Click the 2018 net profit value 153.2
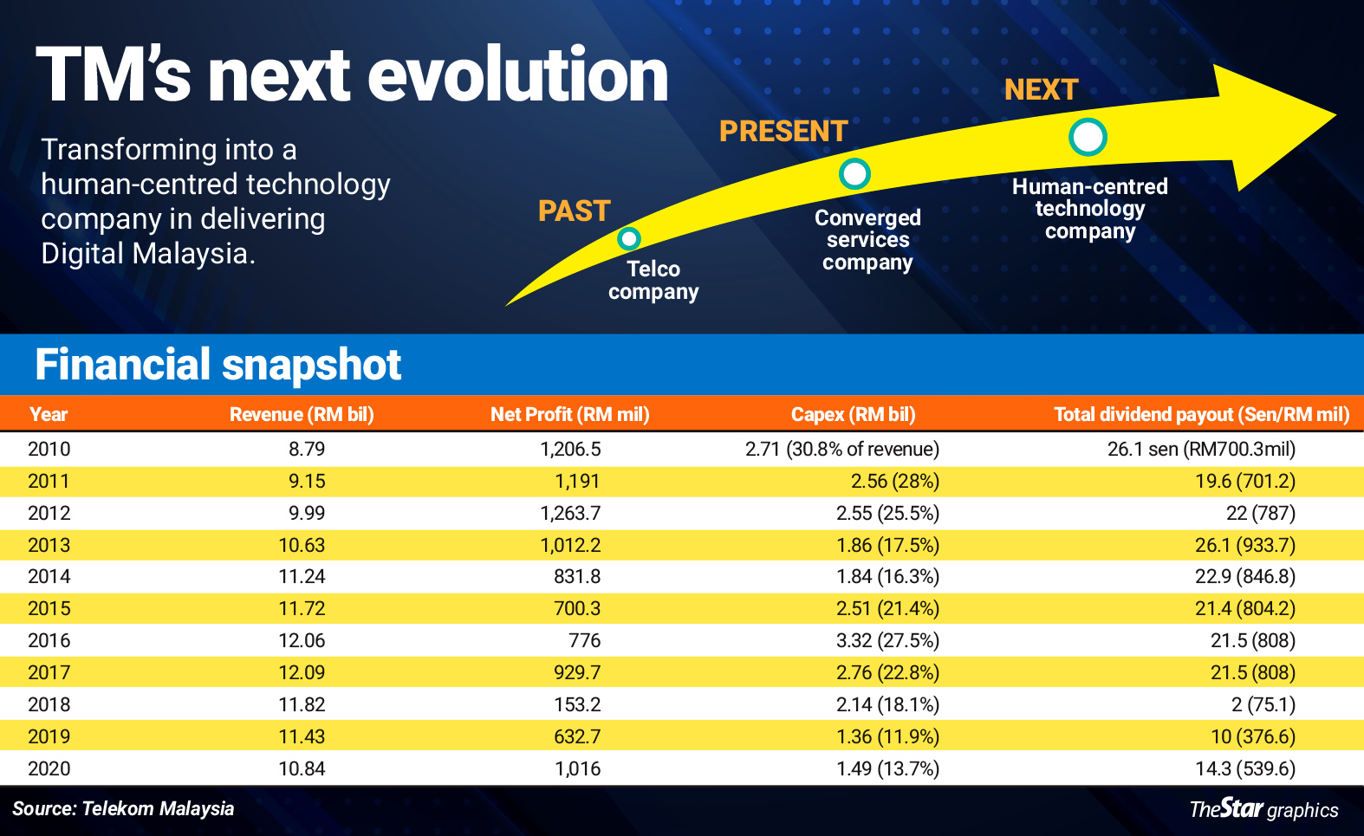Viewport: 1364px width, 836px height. pyautogui.click(x=577, y=704)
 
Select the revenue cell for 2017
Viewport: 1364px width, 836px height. pyautogui.click(x=302, y=672)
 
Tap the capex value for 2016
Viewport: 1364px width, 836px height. pyautogui.click(x=887, y=640)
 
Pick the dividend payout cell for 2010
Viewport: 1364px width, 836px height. pyautogui.click(x=1201, y=449)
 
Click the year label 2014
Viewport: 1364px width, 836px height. pyautogui.click(x=49, y=576)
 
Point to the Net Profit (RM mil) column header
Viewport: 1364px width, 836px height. pyautogui.click(x=569, y=414)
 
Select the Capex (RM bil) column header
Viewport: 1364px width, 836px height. pyautogui.click(x=853, y=414)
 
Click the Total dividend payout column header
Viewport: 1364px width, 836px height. pyautogui.click(x=1201, y=414)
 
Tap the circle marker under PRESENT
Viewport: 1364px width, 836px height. pyautogui.click(x=854, y=174)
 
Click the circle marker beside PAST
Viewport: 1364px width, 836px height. pyautogui.click(x=628, y=238)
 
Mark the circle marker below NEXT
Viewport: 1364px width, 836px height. pyautogui.click(x=1088, y=137)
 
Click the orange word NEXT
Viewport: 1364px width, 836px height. pyautogui.click(x=1041, y=90)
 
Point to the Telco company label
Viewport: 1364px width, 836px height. pyautogui.click(x=653, y=280)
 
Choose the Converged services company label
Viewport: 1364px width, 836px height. pyautogui.click(x=867, y=240)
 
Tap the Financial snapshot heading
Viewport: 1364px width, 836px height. pyautogui.click(x=218, y=365)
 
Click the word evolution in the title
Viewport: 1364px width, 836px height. pyautogui.click(x=517, y=75)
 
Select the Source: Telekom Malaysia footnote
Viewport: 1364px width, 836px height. pyautogui.click(x=123, y=808)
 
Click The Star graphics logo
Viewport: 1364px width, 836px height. pyautogui.click(x=1263, y=809)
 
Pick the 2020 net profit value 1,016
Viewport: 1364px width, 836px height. pyautogui.click(x=577, y=768)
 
